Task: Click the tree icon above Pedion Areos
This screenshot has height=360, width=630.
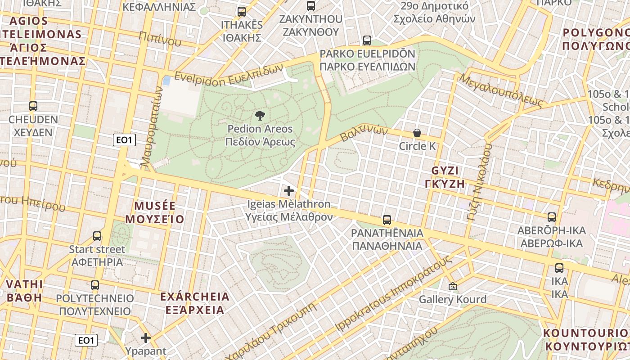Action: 260,116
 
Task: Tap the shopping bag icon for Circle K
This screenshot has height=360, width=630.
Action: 417,133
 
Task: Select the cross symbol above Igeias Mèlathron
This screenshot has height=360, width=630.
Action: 289,191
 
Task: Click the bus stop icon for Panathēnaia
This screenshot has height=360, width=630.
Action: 387,220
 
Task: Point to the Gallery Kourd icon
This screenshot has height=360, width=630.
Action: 452,286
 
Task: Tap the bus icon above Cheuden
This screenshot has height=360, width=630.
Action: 33,107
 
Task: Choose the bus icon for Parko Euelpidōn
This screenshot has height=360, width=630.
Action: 367,40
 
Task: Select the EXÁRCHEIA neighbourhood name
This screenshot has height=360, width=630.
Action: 194,297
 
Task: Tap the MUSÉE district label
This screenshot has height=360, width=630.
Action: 155,206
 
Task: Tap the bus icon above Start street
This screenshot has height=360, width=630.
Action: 97,236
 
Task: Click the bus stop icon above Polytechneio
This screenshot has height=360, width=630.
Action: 95,285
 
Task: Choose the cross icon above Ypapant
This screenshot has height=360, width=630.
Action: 146,338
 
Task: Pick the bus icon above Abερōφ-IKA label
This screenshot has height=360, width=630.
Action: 552,218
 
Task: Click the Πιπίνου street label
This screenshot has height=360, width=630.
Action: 160,39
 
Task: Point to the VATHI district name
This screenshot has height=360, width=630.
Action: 25,284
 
